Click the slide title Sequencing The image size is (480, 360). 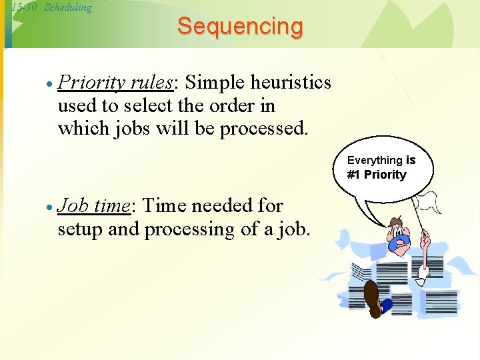point(240,27)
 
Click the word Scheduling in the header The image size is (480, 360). point(68,7)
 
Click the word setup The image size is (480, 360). point(82,229)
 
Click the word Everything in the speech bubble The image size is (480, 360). point(375,160)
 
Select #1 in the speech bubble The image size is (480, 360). point(353,175)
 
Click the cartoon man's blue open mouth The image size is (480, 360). point(400,242)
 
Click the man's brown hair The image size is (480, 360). point(396,223)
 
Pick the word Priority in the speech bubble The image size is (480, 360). point(385,175)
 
